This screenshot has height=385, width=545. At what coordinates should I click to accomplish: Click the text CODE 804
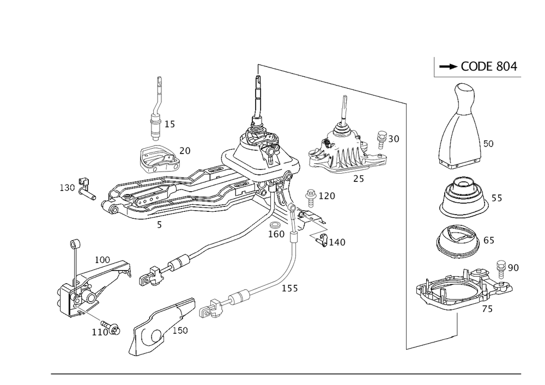[x=489, y=66]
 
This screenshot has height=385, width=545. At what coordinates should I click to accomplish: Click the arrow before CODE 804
[x=449, y=66]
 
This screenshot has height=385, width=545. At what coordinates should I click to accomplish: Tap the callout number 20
[x=185, y=150]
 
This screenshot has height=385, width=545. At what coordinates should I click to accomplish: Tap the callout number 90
[x=513, y=268]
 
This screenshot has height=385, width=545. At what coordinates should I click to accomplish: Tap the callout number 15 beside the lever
[x=170, y=125]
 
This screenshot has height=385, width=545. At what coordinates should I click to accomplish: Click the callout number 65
[x=489, y=241]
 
